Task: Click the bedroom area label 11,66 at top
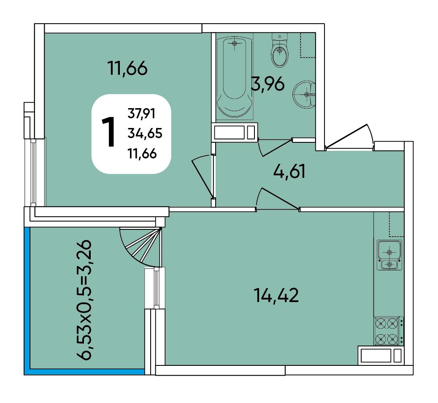coord(127,68)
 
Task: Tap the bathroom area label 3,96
coord(268,84)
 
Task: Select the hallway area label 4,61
coord(289,171)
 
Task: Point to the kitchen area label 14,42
coord(276,295)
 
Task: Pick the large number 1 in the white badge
coord(108,132)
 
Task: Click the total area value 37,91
coord(141,114)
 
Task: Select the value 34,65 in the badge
coord(145,133)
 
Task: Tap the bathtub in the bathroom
coord(234,76)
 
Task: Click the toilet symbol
coord(279,50)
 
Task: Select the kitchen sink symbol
coord(389,255)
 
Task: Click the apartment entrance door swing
coord(349,136)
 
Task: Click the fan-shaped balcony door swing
coord(141,247)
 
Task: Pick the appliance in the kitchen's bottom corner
coord(381,356)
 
